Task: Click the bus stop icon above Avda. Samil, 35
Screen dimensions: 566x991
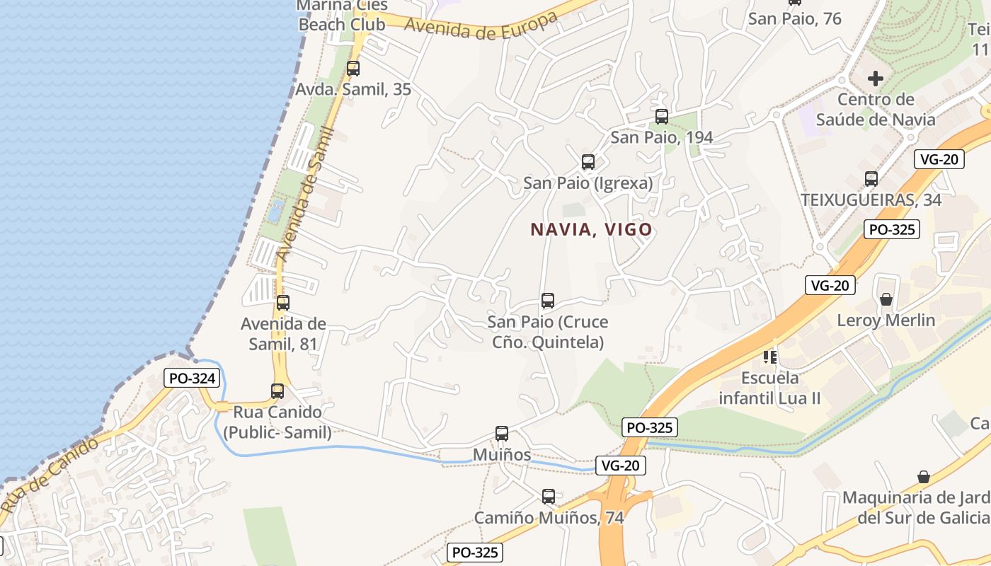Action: pos(353,69)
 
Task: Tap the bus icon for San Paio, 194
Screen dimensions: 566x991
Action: pos(662,117)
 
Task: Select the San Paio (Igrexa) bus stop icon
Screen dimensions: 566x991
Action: pos(588,162)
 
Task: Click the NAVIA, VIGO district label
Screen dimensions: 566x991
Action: pos(591,230)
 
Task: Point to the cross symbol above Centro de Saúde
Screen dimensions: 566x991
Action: pos(876,79)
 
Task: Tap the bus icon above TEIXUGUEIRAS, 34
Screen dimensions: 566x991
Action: pos(871,179)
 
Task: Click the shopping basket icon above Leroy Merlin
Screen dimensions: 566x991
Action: pos(886,300)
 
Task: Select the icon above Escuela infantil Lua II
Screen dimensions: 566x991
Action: pos(769,357)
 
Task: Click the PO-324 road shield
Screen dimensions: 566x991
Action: pos(192,378)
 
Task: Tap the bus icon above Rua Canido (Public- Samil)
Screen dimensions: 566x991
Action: pos(277,391)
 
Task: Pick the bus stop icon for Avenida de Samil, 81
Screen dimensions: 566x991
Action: pos(282,303)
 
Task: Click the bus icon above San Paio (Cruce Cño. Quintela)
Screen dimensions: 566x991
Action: pos(547,301)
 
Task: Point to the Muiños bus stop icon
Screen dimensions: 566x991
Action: pos(502,434)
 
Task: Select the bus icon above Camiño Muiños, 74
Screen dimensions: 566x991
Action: pos(549,497)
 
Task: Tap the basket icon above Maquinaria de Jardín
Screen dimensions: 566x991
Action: pos(923,477)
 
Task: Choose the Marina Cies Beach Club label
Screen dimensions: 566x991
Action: pos(342,16)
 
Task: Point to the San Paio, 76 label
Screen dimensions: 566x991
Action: pos(794,18)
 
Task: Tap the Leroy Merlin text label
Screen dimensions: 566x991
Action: pos(886,320)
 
